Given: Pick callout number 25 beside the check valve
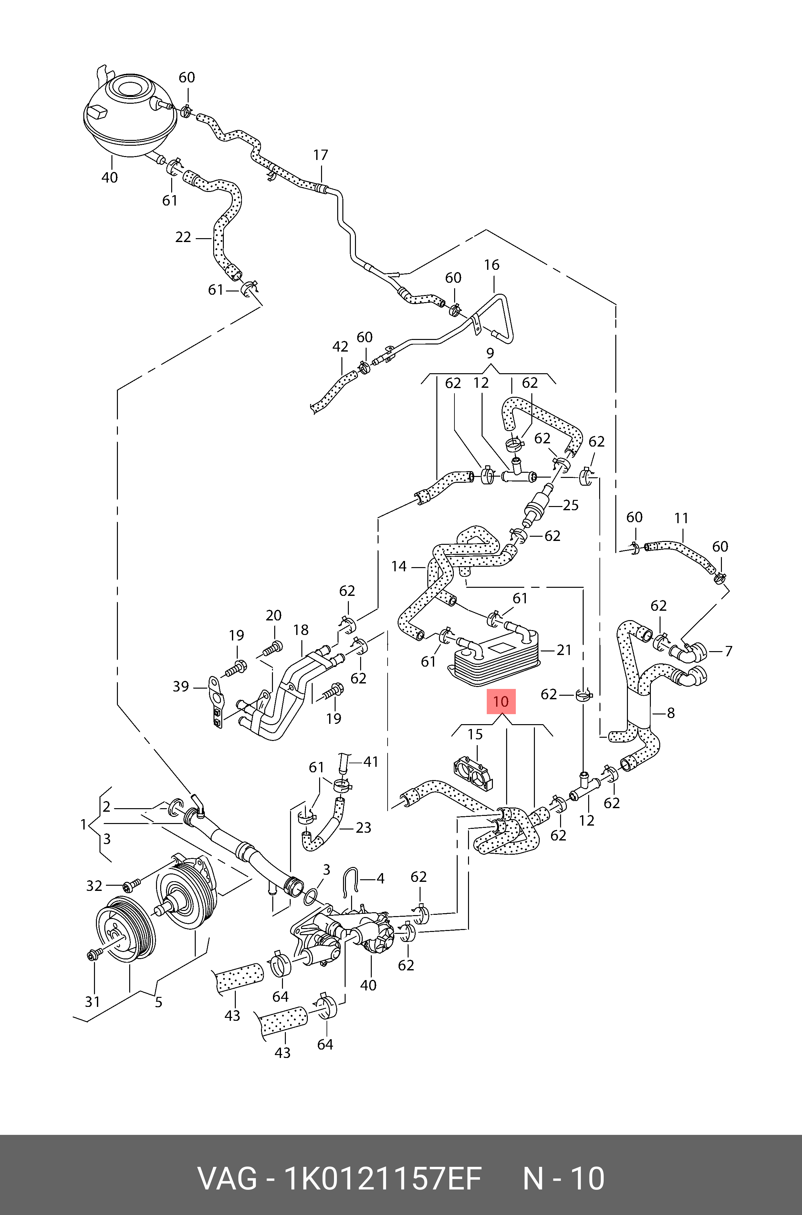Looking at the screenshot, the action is (x=570, y=505).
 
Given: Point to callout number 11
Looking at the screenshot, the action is (x=681, y=518).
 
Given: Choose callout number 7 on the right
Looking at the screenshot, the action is (x=728, y=651).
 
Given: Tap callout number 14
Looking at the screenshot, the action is (x=399, y=566).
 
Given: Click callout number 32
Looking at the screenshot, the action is (x=94, y=885).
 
